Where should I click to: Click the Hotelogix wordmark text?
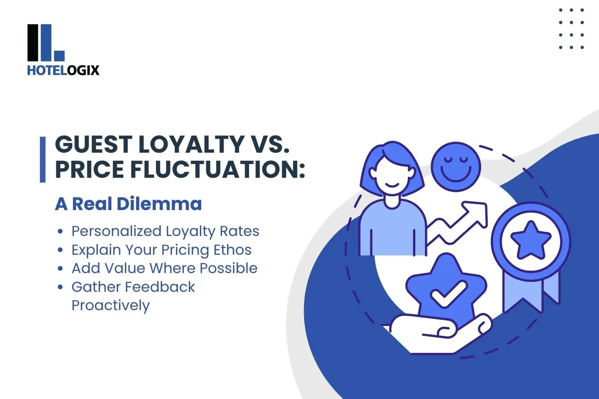(63, 70)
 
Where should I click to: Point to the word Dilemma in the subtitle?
(159, 204)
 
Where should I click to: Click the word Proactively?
(111, 305)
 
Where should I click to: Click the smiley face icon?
(456, 167)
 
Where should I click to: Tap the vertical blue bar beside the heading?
(43, 160)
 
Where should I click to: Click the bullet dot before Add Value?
(60, 269)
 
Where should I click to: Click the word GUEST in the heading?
(93, 144)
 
